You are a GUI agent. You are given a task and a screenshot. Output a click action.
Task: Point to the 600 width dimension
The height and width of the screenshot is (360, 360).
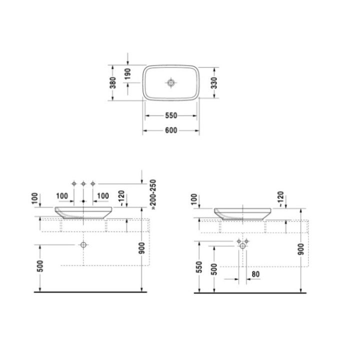(x=171, y=130)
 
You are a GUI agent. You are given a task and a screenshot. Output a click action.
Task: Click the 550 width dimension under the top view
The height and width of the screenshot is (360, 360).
(x=171, y=115)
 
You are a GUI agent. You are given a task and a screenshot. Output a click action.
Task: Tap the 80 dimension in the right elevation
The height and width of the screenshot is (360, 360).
(x=255, y=274)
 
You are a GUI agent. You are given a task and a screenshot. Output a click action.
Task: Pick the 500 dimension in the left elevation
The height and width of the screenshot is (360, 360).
(x=40, y=266)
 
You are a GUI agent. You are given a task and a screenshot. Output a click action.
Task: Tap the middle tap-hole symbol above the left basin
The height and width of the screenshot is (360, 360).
(x=83, y=184)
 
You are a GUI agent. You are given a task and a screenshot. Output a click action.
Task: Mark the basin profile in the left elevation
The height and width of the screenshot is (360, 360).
(x=83, y=212)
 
